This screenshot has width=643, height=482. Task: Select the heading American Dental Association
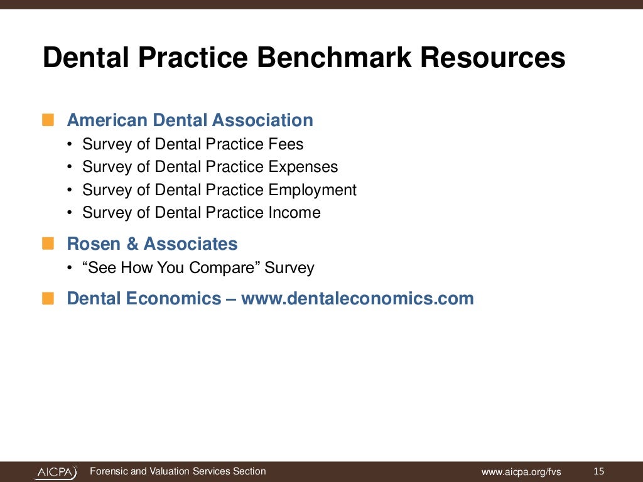click(190, 120)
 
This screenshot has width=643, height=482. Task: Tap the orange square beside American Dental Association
click(48, 120)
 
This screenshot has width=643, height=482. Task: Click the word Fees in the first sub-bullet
click(286, 144)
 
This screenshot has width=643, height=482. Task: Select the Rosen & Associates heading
click(152, 244)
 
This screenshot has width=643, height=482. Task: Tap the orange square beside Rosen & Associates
click(48, 244)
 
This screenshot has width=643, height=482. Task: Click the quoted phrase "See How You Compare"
click(171, 268)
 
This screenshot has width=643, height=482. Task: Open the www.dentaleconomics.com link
click(357, 298)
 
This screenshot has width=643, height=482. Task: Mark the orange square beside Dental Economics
click(48, 298)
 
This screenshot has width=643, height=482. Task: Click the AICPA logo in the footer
click(56, 472)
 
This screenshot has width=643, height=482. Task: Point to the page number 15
click(598, 471)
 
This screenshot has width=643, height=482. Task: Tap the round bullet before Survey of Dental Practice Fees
click(69, 145)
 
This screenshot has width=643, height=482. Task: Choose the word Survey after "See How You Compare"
click(289, 268)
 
